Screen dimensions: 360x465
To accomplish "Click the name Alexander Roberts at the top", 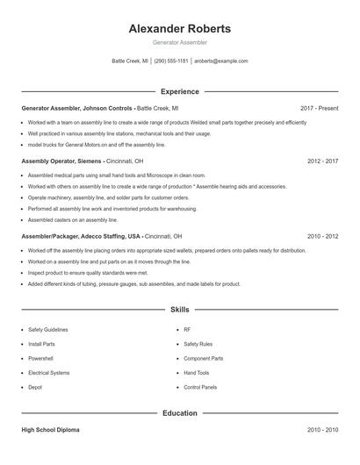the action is pyautogui.click(x=180, y=29).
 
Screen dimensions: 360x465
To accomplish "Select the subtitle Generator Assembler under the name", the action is pyautogui.click(x=180, y=43).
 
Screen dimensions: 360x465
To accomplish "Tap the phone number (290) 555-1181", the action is pyautogui.click(x=172, y=61).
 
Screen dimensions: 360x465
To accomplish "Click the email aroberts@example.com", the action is pyautogui.click(x=221, y=61).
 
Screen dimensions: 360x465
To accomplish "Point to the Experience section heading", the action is pyautogui.click(x=180, y=91).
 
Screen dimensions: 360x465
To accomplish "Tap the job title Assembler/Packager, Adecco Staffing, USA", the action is pyautogui.click(x=81, y=237).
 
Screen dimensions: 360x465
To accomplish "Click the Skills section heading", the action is pyautogui.click(x=180, y=311).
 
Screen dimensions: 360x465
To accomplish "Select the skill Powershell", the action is pyautogui.click(x=41, y=358).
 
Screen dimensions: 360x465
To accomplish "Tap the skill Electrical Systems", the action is pyautogui.click(x=48, y=372).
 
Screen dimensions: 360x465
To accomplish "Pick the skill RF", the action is pyautogui.click(x=187, y=330).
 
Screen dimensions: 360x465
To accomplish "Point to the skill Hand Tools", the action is pyautogui.click(x=196, y=372).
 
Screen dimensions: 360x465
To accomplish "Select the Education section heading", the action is pyautogui.click(x=180, y=412).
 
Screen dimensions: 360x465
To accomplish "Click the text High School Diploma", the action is pyautogui.click(x=52, y=430).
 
